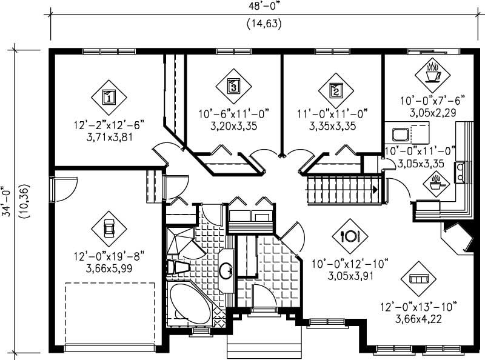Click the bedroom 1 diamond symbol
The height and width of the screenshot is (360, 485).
click(x=109, y=96)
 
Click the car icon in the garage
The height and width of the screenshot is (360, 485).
click(x=109, y=228)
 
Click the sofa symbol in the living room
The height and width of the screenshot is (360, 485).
click(x=418, y=278)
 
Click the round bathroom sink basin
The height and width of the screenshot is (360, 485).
click(x=225, y=270)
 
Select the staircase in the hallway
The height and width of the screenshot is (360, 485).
click(x=343, y=190)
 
